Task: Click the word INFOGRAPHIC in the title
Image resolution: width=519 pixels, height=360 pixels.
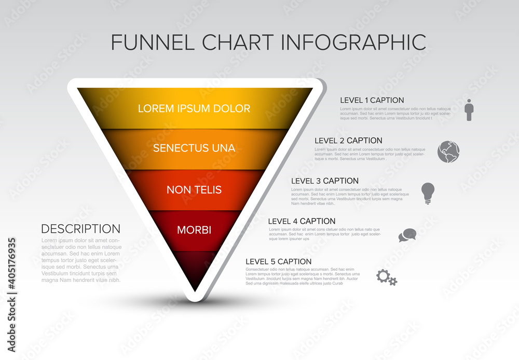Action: [353, 42]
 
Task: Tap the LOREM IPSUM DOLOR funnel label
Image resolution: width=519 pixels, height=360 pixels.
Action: [194, 108]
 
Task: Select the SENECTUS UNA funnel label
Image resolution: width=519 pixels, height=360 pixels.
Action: [194, 148]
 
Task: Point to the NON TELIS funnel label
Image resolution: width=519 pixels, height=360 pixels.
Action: [194, 190]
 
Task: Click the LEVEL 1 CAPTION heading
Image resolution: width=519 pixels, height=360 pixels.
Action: [372, 100]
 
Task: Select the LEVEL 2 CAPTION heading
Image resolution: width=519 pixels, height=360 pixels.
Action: [348, 141]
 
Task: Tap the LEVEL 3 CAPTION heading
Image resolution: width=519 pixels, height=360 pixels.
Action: [325, 181]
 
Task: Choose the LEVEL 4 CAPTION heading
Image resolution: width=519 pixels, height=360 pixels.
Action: [302, 221]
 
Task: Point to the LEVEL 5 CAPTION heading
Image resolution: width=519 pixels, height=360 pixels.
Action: [279, 261]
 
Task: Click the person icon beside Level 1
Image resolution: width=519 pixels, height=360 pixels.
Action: [469, 110]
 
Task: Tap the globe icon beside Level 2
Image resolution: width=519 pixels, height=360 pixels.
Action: [448, 151]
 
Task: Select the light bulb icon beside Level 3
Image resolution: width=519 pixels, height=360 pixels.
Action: [428, 193]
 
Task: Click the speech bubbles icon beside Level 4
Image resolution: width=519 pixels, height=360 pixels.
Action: [407, 235]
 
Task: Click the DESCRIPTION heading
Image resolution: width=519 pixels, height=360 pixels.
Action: [80, 229]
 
